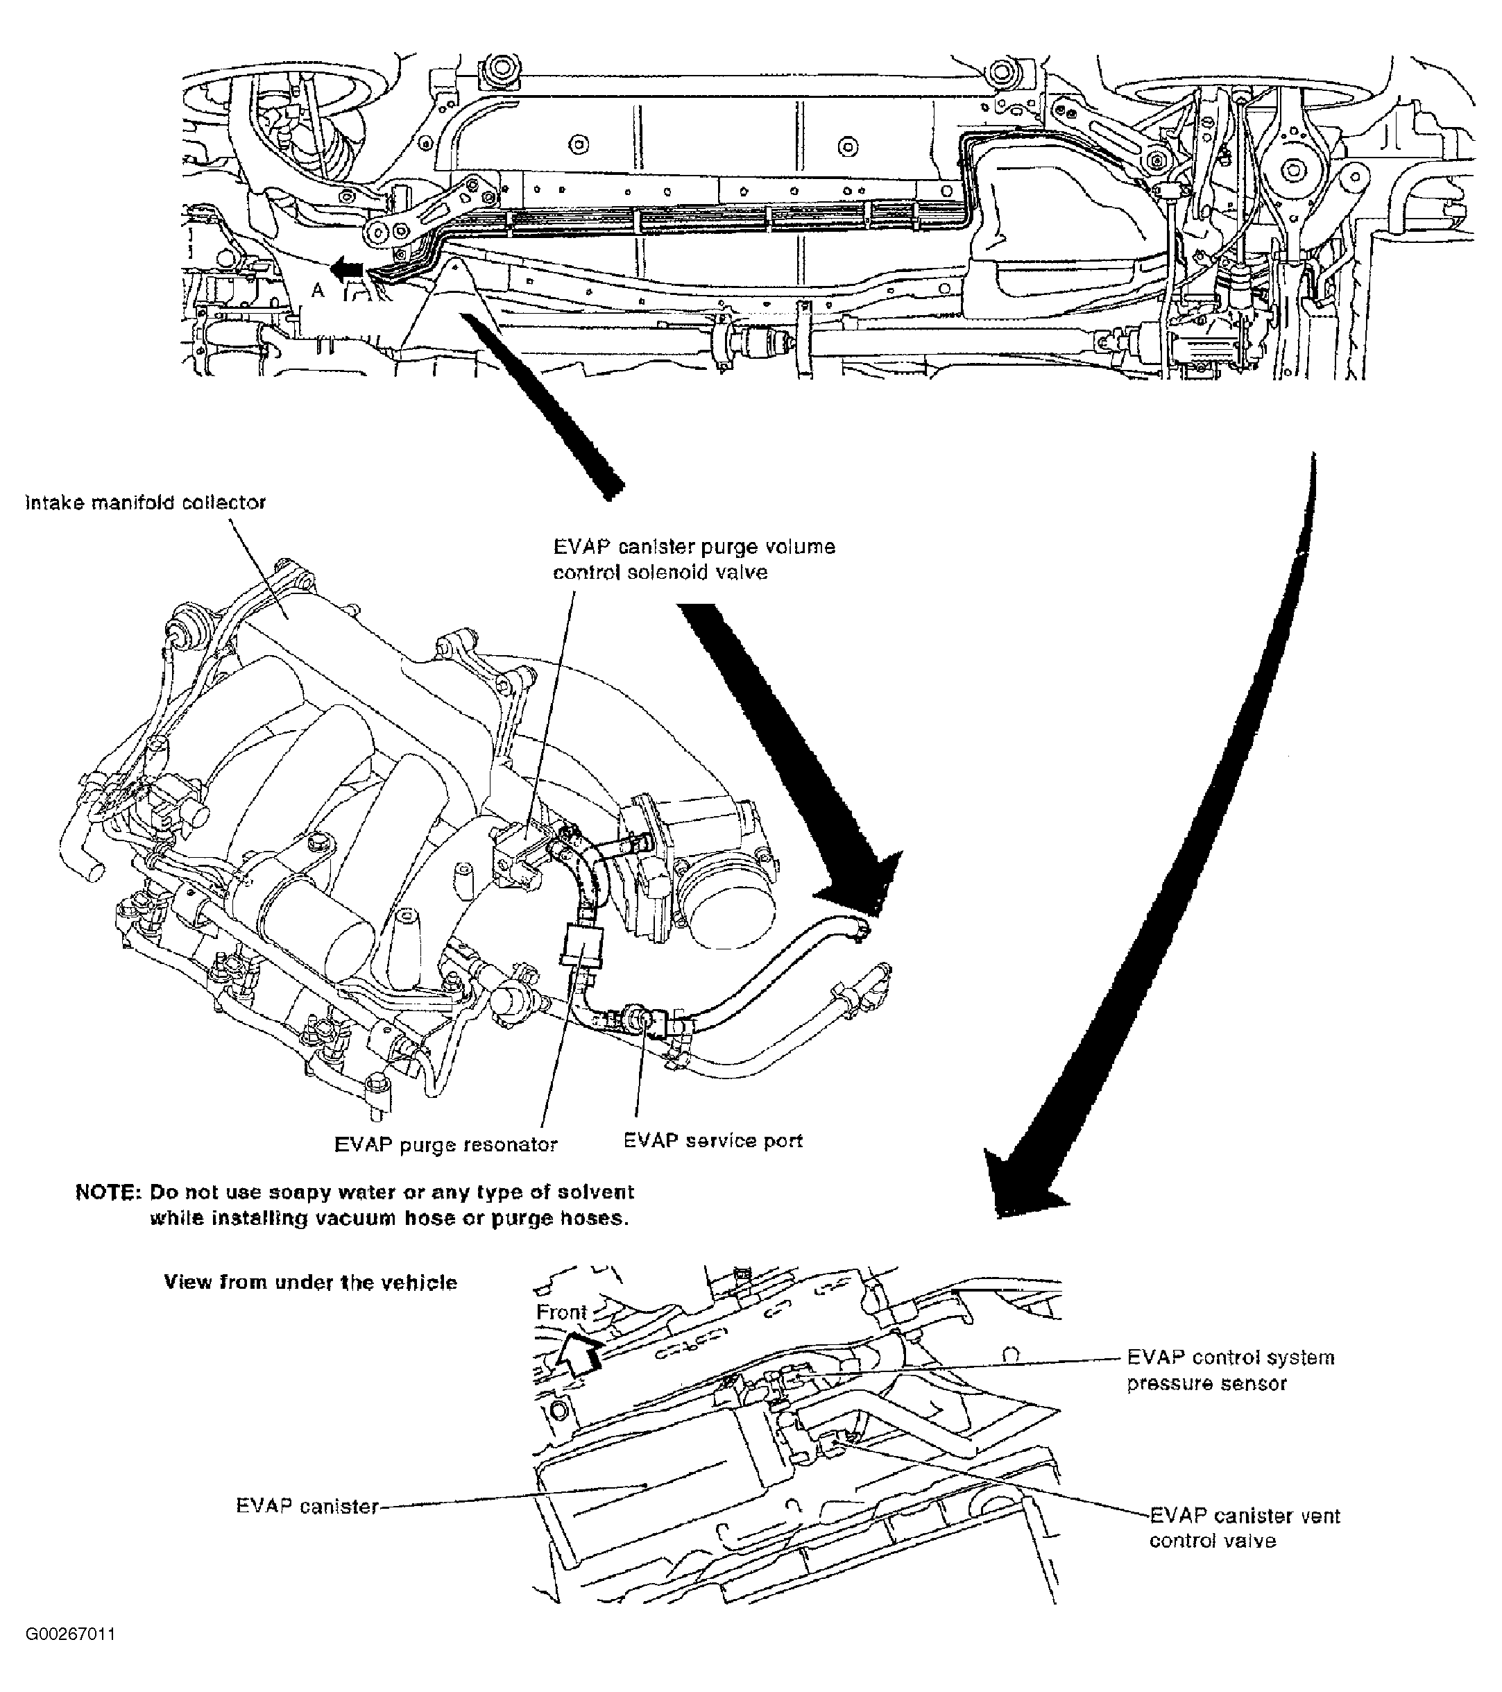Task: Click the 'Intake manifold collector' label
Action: (146, 502)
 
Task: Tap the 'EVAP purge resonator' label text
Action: (445, 1145)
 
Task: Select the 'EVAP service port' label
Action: (712, 1141)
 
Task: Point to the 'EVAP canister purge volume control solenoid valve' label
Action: (694, 559)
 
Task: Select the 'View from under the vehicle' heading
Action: (310, 1283)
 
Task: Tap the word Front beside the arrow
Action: (561, 1312)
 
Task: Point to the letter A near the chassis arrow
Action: (317, 289)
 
